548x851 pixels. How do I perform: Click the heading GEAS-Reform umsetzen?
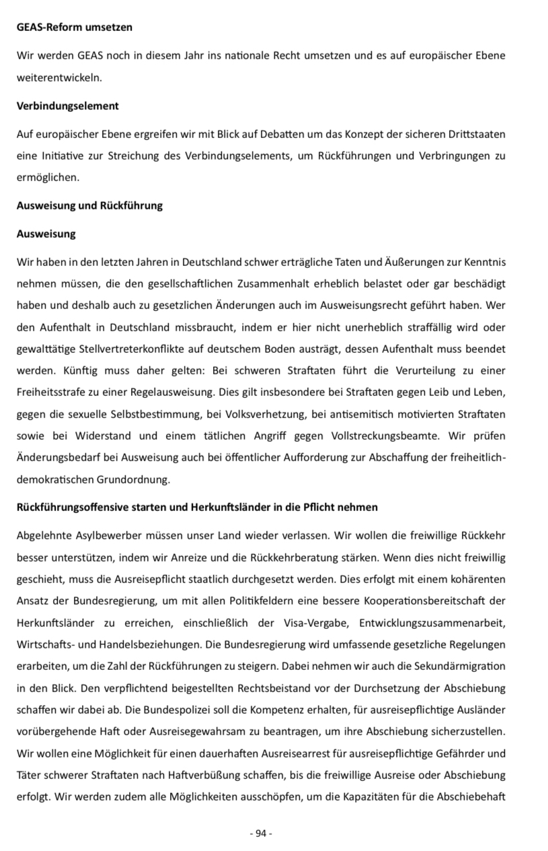click(75, 28)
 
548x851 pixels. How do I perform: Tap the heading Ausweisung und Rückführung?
click(89, 205)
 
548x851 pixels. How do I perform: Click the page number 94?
click(261, 833)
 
